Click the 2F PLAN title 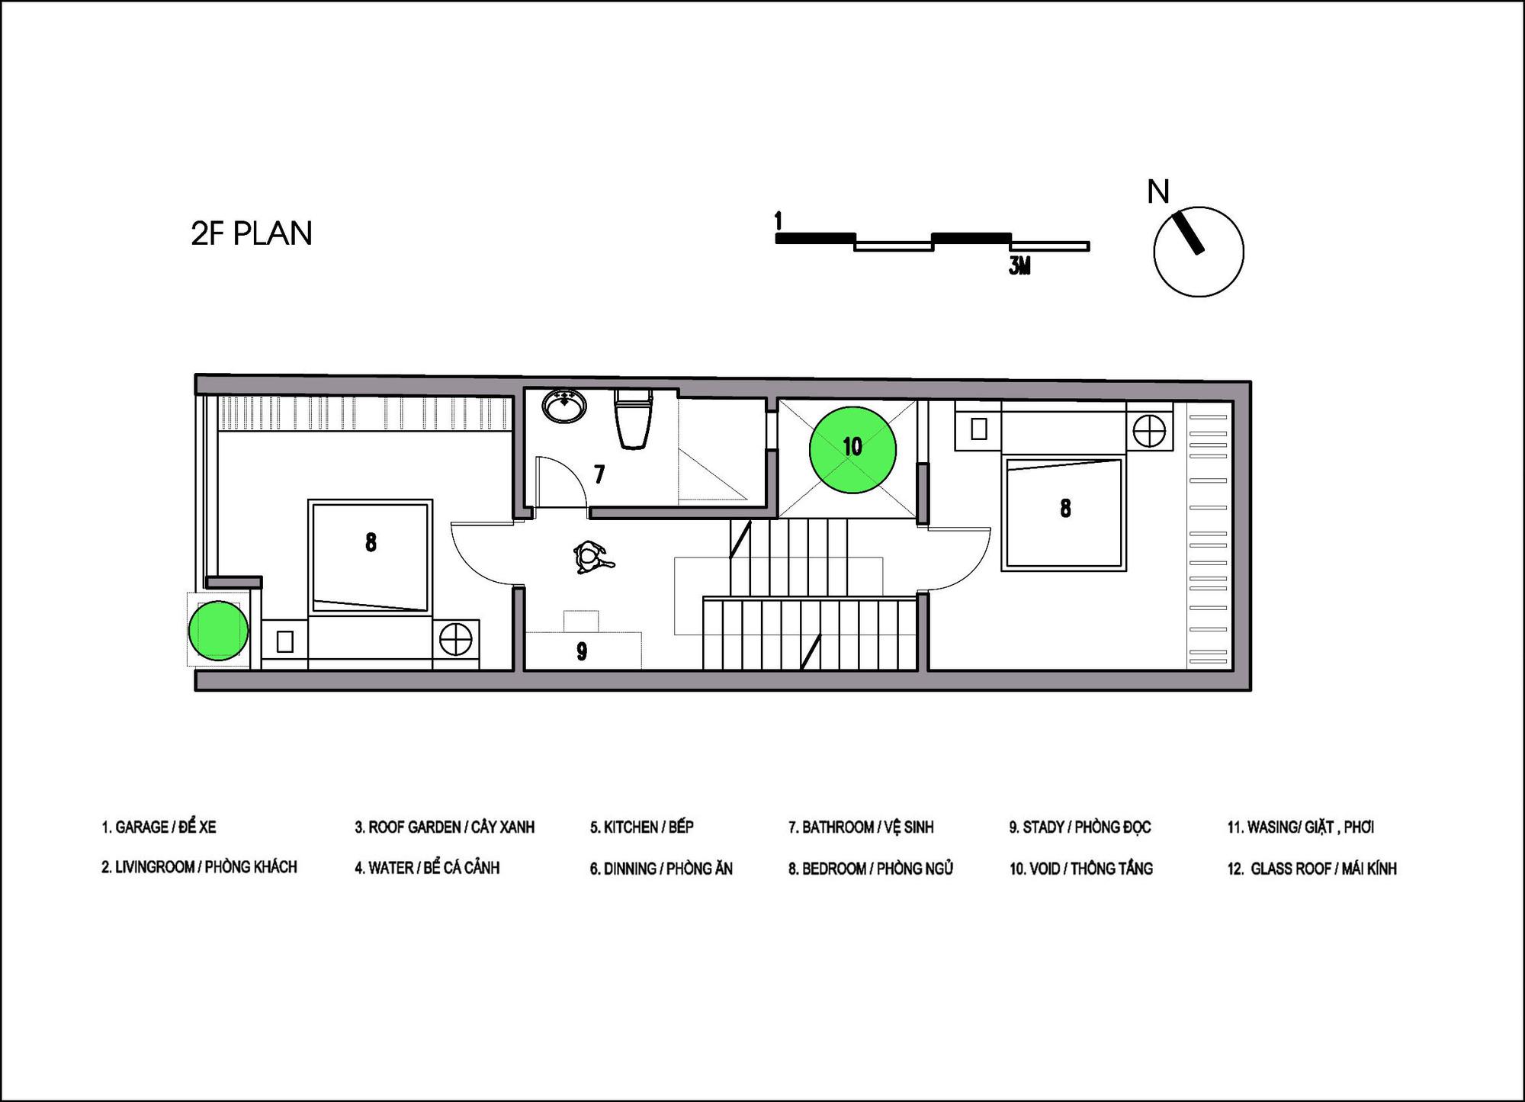(x=252, y=233)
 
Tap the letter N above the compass (x=1158, y=191)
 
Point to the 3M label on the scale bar (x=1019, y=265)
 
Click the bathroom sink (x=565, y=405)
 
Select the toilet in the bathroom (x=633, y=418)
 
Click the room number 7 (x=599, y=474)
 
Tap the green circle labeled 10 (x=852, y=449)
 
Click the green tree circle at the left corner (x=218, y=630)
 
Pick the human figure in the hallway (x=592, y=557)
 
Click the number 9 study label (x=582, y=651)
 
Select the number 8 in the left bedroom (x=371, y=542)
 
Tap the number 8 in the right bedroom (x=1065, y=508)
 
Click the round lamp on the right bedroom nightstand (x=1148, y=432)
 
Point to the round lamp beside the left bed (x=455, y=639)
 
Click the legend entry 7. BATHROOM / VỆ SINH (x=861, y=827)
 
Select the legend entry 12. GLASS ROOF (x=1311, y=868)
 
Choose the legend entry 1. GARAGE (x=159, y=827)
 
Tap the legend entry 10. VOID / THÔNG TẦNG (x=1081, y=868)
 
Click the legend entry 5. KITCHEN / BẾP (x=641, y=827)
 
